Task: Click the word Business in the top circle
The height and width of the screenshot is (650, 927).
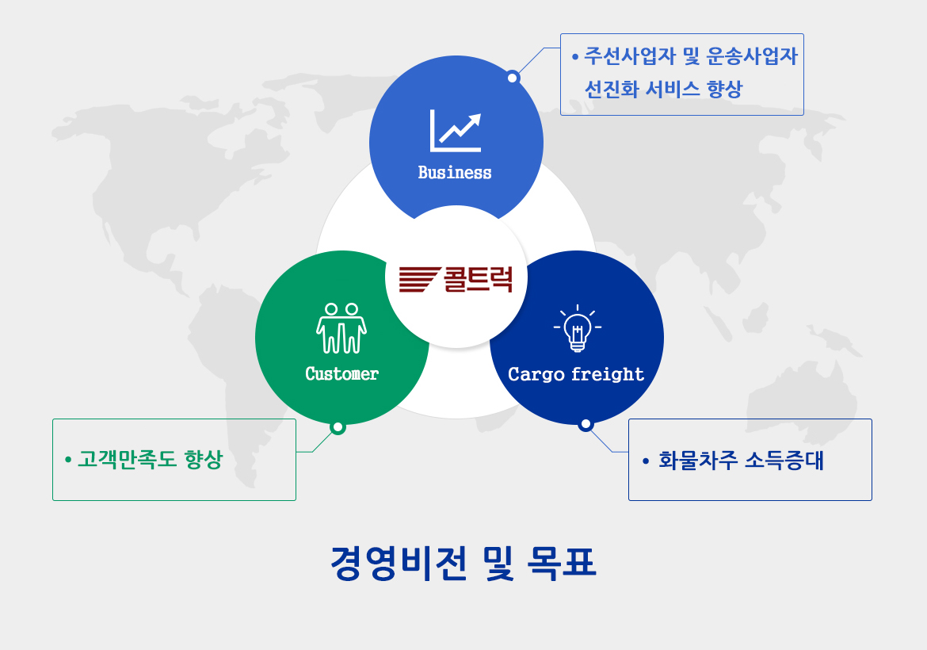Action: (x=455, y=173)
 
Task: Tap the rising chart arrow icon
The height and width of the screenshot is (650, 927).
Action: (x=456, y=131)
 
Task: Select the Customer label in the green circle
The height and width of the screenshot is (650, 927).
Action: (x=341, y=374)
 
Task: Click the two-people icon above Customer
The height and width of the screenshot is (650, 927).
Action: (x=341, y=328)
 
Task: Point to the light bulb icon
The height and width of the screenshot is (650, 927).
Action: (x=578, y=328)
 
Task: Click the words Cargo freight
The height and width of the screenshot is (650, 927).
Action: (x=576, y=374)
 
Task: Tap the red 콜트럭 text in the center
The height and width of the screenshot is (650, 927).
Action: (x=478, y=279)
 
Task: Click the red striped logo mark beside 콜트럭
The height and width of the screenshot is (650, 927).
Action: (x=419, y=279)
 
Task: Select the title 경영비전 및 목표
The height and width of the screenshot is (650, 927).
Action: (x=463, y=563)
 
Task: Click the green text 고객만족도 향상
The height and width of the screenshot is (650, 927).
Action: (x=151, y=459)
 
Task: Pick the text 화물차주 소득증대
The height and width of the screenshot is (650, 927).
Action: (x=741, y=460)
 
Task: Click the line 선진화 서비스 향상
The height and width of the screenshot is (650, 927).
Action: (x=663, y=90)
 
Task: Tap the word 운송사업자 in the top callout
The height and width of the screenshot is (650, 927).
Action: (x=752, y=56)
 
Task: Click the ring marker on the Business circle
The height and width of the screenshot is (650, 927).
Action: (x=513, y=78)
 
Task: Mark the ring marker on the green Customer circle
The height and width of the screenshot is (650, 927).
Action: (x=338, y=427)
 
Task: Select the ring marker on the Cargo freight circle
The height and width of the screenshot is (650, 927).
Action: (x=586, y=424)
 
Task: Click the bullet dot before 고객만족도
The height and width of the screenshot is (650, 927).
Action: (x=68, y=460)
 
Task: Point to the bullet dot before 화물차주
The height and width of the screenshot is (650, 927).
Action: (x=646, y=461)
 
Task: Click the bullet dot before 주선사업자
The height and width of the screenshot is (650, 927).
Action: (x=574, y=57)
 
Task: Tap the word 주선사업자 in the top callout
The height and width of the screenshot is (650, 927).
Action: (x=630, y=56)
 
